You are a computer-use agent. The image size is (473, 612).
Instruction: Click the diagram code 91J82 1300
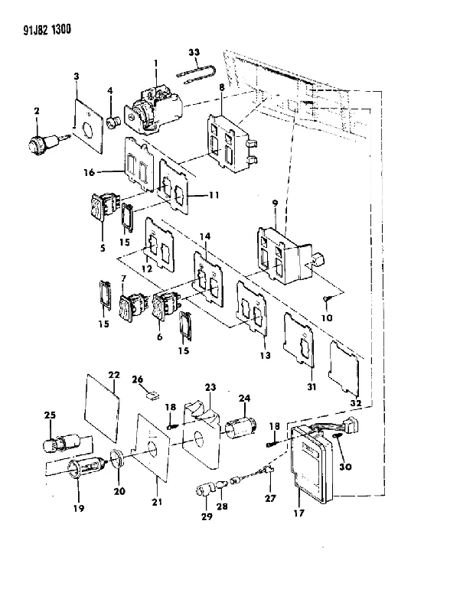coord(47,30)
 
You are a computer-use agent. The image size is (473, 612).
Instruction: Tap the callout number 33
coord(194,52)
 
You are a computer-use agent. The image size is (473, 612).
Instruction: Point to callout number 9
coord(275,203)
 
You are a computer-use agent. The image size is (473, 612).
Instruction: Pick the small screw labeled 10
coord(326,300)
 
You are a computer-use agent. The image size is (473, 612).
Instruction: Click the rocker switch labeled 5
coord(103,206)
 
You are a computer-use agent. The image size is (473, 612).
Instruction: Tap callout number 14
coord(205,236)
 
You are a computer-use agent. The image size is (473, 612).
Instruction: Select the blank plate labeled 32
coord(344,368)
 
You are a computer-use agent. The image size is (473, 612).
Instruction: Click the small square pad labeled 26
coord(152,396)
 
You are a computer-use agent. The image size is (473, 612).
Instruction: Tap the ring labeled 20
coord(118,457)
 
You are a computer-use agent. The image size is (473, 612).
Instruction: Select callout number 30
coord(346,467)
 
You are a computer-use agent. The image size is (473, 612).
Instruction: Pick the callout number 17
coord(298,513)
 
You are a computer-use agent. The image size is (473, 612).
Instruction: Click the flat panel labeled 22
coord(102,408)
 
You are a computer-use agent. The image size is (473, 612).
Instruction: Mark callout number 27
coord(270,498)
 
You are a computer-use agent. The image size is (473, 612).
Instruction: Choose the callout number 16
coord(89,172)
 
